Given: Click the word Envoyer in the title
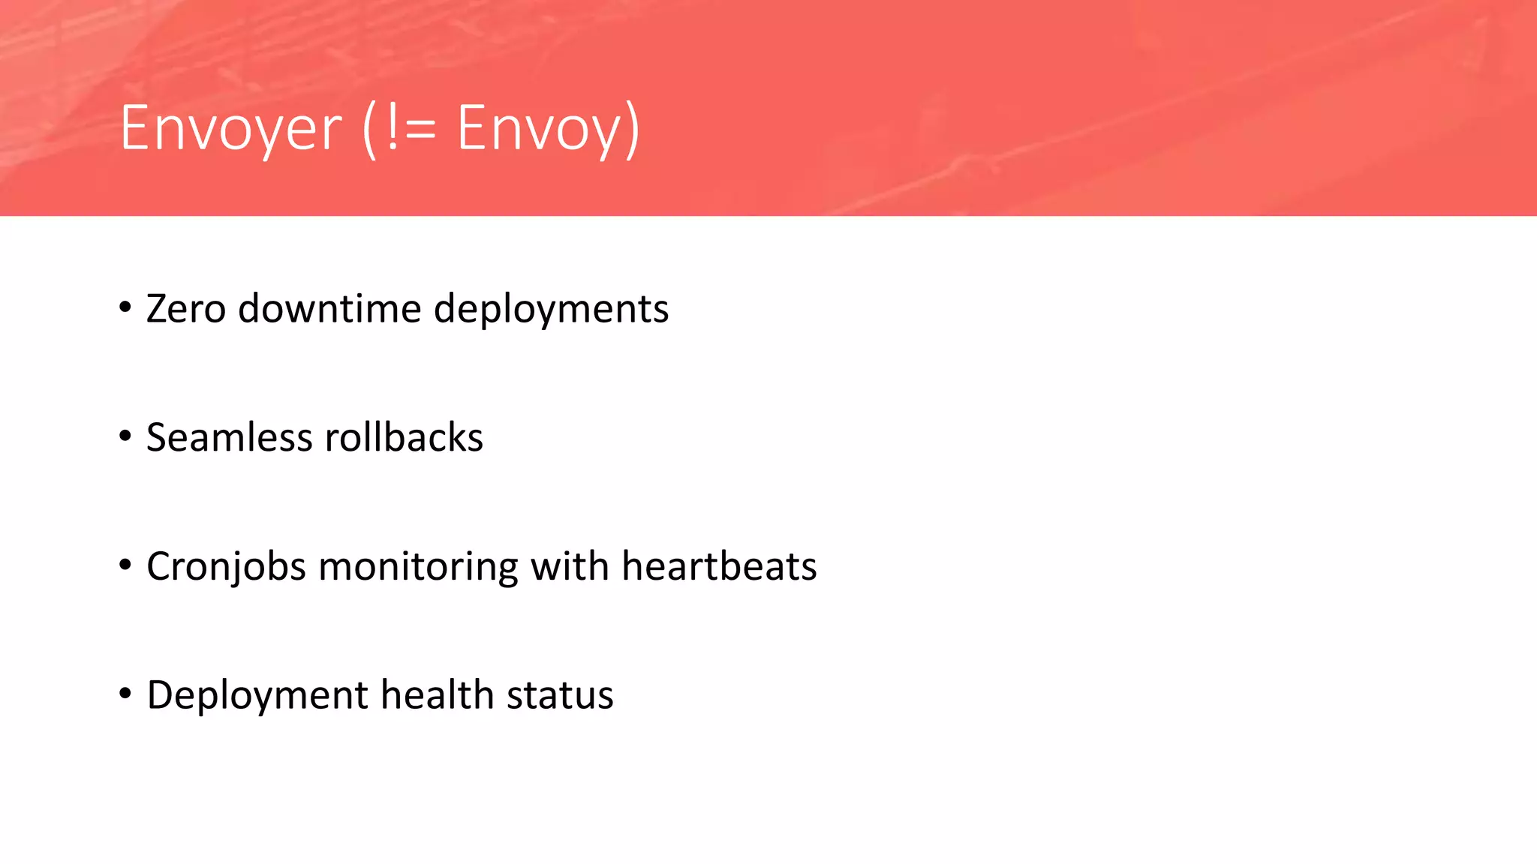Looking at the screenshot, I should (x=230, y=129).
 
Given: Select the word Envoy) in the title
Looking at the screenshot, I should (x=549, y=129).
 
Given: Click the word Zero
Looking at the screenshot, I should (x=186, y=309).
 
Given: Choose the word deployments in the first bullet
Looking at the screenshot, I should (x=551, y=309).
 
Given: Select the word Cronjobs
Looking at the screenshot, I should (x=226, y=567).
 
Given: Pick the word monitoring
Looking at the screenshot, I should (x=418, y=567).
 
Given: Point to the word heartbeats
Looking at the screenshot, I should (x=719, y=567).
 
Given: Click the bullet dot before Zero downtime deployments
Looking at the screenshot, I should (x=125, y=307).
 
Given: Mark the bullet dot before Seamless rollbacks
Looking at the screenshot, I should (x=125, y=436).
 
